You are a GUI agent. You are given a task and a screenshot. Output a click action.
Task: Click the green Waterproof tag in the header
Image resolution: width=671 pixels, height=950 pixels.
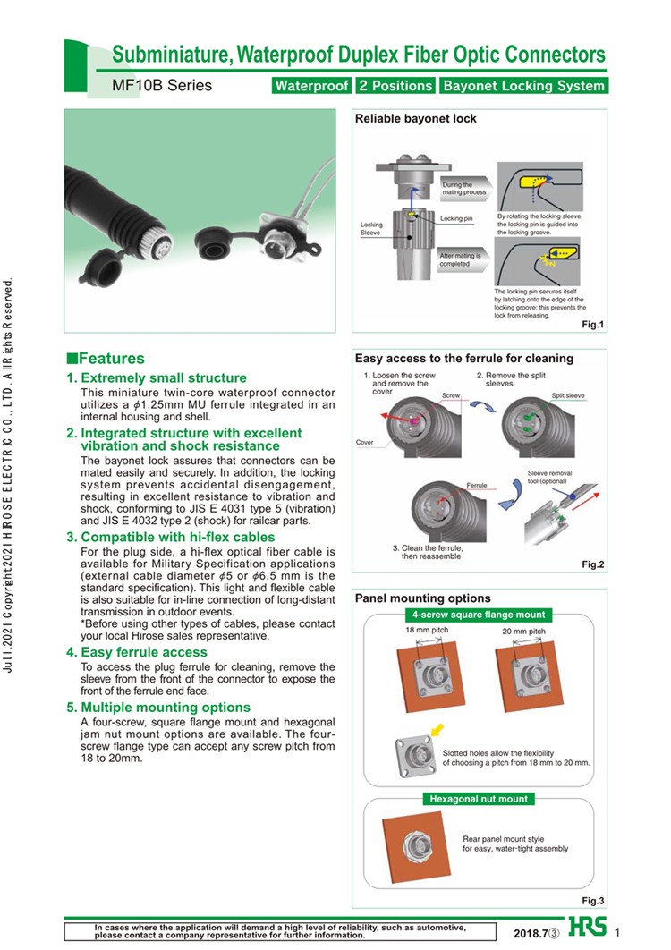310,87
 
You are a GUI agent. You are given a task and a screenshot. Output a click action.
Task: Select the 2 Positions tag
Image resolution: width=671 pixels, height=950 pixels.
394,87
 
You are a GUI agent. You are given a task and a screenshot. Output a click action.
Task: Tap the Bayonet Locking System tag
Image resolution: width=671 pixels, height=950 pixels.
523,87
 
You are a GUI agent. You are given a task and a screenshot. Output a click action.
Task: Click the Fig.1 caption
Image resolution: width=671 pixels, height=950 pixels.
593,325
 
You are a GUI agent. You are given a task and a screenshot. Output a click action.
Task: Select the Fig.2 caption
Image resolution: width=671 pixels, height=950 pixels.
593,564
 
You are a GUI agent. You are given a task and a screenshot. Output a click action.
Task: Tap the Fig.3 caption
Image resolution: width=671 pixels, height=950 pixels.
593,900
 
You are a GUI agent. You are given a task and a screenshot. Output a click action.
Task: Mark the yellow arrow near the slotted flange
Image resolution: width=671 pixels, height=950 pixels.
437,730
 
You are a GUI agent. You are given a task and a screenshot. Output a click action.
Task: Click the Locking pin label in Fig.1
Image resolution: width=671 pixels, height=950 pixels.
456,218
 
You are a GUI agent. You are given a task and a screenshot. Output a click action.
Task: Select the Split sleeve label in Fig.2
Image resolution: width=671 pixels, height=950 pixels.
567,394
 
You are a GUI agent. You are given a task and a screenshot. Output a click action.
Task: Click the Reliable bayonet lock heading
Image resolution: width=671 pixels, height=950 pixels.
416,119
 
